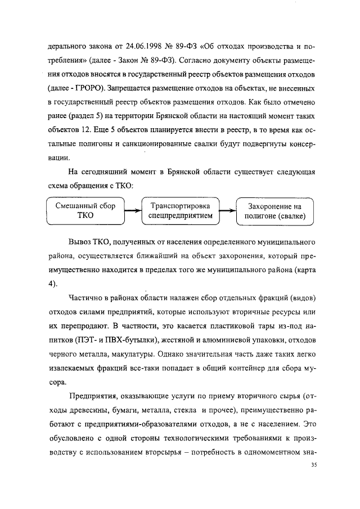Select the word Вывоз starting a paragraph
pos(81,241)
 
